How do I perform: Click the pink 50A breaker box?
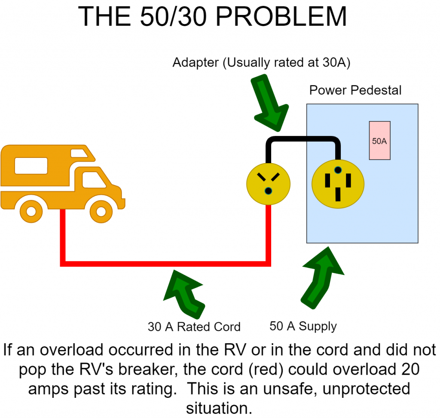379,140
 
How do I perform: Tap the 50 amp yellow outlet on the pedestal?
338,183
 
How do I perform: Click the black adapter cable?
303,140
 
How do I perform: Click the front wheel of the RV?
101,211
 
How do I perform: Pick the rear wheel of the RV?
31,211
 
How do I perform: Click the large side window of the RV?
31,166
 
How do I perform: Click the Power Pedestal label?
355,91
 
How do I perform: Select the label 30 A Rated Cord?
194,327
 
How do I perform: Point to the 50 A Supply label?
303,326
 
